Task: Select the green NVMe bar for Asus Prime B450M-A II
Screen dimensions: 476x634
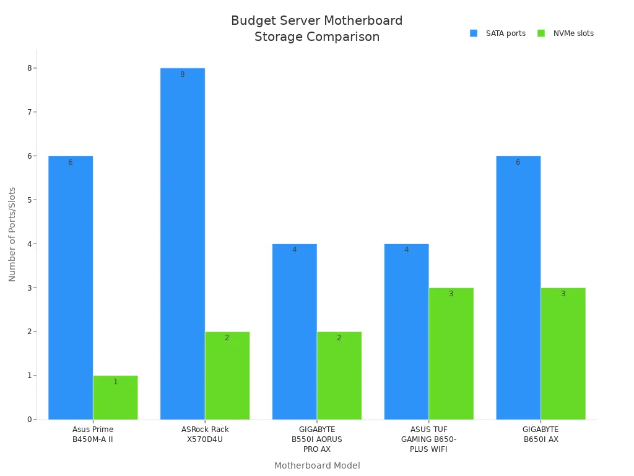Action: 115,397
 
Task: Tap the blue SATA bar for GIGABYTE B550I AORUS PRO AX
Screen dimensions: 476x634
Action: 294,332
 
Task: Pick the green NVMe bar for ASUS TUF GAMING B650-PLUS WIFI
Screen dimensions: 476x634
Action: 451,353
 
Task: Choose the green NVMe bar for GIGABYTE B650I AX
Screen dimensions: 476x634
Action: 563,353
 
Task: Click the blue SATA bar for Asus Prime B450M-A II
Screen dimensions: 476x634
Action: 71,288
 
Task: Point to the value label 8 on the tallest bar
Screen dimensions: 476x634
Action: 182,74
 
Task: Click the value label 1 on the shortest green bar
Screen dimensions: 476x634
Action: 115,382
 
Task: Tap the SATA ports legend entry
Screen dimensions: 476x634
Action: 498,33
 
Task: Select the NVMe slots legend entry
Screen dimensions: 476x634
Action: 566,33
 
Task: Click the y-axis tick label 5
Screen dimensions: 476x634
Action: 29,200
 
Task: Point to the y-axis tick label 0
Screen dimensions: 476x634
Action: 29,420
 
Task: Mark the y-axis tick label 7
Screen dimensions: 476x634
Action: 29,112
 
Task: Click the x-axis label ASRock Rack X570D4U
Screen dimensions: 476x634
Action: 205,434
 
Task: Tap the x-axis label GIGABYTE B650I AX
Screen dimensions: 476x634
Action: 541,434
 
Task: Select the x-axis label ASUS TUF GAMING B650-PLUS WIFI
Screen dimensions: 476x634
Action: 428,439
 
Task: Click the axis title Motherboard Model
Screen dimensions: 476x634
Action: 317,465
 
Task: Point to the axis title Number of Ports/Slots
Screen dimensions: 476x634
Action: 12,234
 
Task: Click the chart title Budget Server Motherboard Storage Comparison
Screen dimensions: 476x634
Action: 317,29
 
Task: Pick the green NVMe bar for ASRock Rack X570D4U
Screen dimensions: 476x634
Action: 227,376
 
